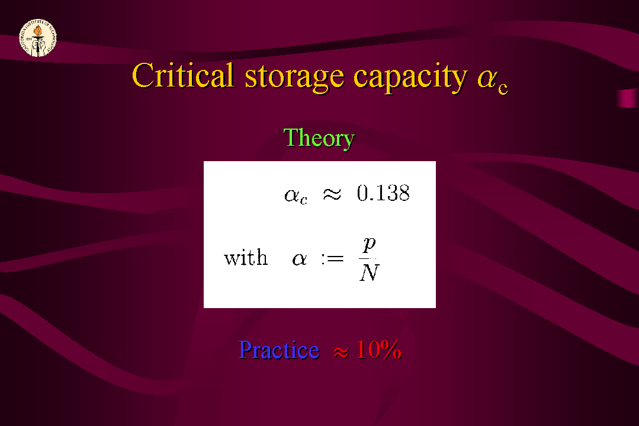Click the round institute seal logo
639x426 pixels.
[x=38, y=38]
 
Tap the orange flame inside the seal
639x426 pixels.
[x=38, y=30]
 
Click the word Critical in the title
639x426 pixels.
[x=183, y=76]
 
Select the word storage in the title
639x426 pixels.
[x=294, y=78]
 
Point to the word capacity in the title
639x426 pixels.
[x=410, y=78]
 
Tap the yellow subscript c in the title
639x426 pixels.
[x=503, y=88]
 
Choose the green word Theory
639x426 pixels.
[x=319, y=139]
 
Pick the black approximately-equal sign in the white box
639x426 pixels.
[x=332, y=194]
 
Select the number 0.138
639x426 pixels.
[x=383, y=193]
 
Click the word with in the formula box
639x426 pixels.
[x=246, y=257]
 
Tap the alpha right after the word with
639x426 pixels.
[x=300, y=260]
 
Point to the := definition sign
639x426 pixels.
[x=332, y=258]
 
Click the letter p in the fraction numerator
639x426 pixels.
[x=369, y=244]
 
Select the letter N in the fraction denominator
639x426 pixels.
[x=370, y=273]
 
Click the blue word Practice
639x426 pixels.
[x=279, y=350]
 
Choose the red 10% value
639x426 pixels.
[x=379, y=350]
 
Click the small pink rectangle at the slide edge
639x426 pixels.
[x=628, y=98]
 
